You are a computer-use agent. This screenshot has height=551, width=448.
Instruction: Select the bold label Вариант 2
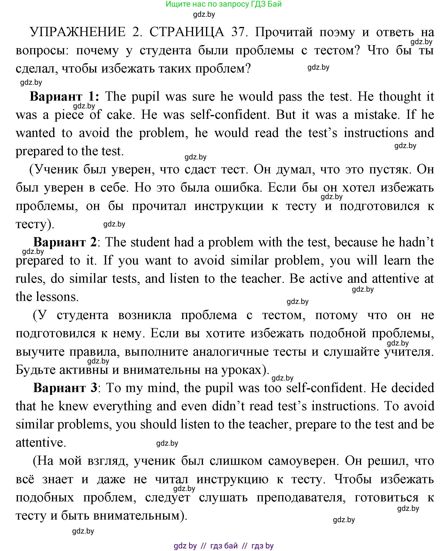tap(65, 243)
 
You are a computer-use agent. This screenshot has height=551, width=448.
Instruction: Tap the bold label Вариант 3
tap(65, 388)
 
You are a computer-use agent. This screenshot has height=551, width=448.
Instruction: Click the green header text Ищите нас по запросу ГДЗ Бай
tap(224, 4)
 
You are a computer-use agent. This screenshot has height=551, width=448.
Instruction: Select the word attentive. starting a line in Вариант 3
tap(41, 442)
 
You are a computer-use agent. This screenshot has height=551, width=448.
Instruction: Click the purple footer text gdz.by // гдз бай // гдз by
tap(224, 546)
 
